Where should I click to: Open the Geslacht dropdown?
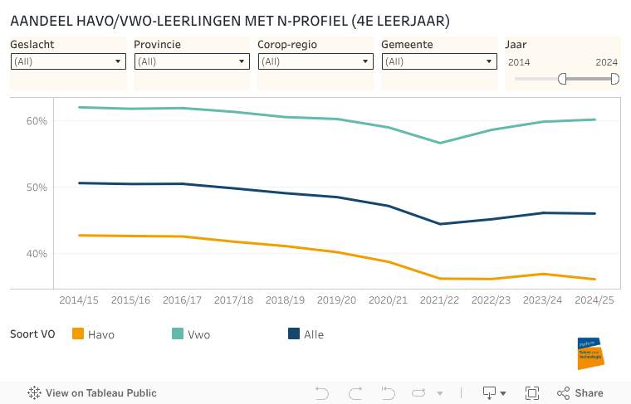click(x=68, y=61)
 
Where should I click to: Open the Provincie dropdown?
click(x=192, y=61)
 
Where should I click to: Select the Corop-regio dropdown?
click(x=315, y=61)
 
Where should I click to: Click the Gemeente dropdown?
click(x=439, y=61)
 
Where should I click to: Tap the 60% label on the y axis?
click(x=37, y=121)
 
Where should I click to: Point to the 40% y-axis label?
click(x=37, y=254)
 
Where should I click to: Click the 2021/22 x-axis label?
click(x=439, y=299)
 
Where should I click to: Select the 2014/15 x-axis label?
click(x=81, y=299)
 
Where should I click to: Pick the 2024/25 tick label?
click(x=594, y=299)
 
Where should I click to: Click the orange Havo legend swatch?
click(x=79, y=334)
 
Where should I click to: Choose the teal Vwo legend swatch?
click(x=178, y=334)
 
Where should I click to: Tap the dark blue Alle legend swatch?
click(x=294, y=334)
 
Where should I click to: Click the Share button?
click(x=580, y=393)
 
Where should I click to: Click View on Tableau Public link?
click(x=92, y=393)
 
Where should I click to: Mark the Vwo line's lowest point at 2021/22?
click(x=439, y=143)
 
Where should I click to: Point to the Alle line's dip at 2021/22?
click(x=439, y=224)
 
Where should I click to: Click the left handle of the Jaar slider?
click(x=562, y=79)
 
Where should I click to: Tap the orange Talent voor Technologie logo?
click(x=590, y=353)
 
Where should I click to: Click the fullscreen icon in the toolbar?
click(x=532, y=393)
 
